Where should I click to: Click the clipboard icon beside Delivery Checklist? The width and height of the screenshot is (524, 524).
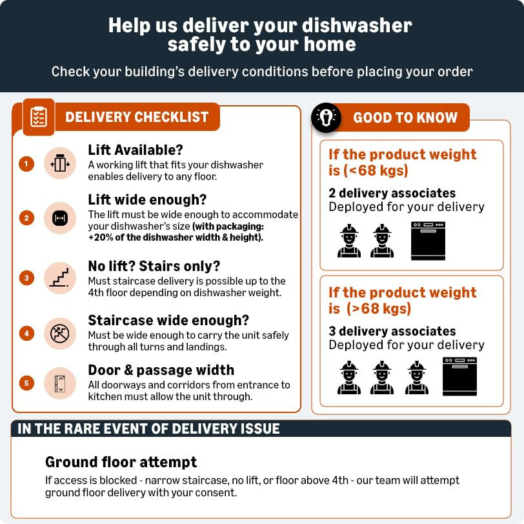tap(39, 117)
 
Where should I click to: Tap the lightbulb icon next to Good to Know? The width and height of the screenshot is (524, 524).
tap(326, 117)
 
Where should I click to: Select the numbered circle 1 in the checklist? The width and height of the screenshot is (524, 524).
tap(26, 164)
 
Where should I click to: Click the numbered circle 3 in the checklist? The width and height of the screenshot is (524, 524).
tap(26, 277)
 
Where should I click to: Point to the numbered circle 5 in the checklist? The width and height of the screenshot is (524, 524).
tap(26, 383)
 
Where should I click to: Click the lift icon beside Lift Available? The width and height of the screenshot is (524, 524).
tap(60, 163)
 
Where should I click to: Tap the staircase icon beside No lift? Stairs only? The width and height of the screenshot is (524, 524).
tap(60, 278)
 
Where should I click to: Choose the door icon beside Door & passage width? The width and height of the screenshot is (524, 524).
tap(60, 383)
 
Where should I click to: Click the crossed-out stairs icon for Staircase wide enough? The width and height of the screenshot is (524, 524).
tap(60, 334)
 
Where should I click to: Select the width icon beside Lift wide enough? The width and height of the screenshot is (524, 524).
tap(60, 218)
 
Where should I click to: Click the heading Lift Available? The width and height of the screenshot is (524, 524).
tap(136, 150)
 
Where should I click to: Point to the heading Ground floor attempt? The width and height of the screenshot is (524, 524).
tap(121, 462)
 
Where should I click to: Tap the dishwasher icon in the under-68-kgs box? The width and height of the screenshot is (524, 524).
tap(428, 241)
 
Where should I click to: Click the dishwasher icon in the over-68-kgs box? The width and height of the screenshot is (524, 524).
tap(460, 376)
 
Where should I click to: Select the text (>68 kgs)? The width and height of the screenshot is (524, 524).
tap(379, 308)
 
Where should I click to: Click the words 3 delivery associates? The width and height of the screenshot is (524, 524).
tap(392, 331)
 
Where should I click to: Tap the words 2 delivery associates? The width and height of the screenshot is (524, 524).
tap(392, 193)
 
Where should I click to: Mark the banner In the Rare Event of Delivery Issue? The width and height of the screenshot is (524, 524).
tap(261, 428)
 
